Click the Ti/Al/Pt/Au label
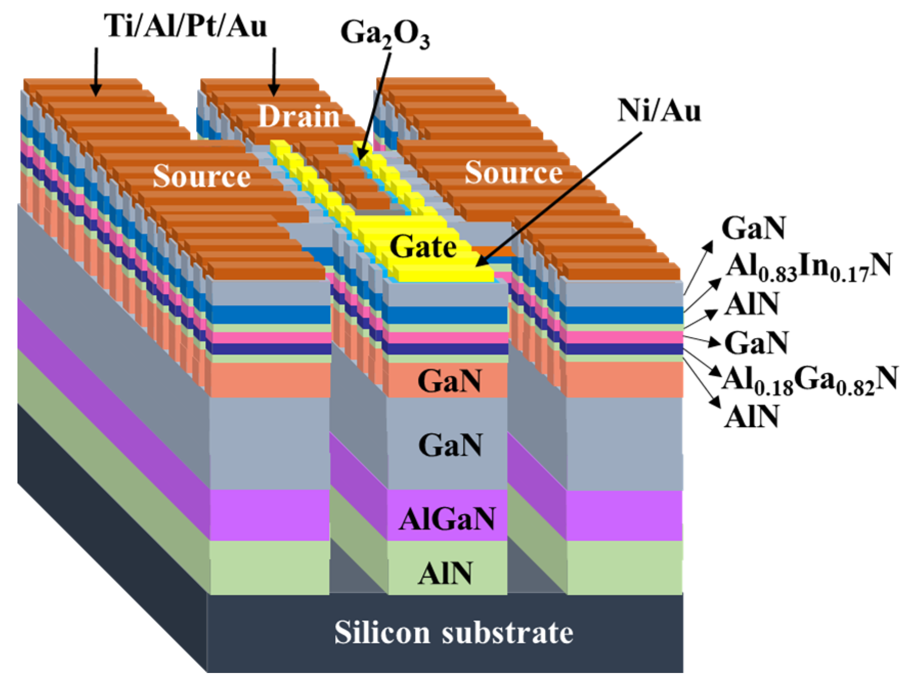click(x=185, y=25)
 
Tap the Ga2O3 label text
click(x=385, y=34)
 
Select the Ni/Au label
click(x=659, y=110)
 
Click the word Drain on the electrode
click(x=299, y=117)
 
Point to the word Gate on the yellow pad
click(x=423, y=247)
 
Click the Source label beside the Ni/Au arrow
click(x=513, y=173)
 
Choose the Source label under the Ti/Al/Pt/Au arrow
click(x=201, y=176)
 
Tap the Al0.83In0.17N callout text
click(x=808, y=267)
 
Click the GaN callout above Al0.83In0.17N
click(x=753, y=229)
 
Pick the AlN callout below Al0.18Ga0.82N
click(x=751, y=416)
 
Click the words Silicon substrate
click(x=453, y=633)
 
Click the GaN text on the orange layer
click(x=450, y=381)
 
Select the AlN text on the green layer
click(x=446, y=573)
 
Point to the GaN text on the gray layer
click(x=450, y=445)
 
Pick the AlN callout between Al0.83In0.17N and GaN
click(x=751, y=304)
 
